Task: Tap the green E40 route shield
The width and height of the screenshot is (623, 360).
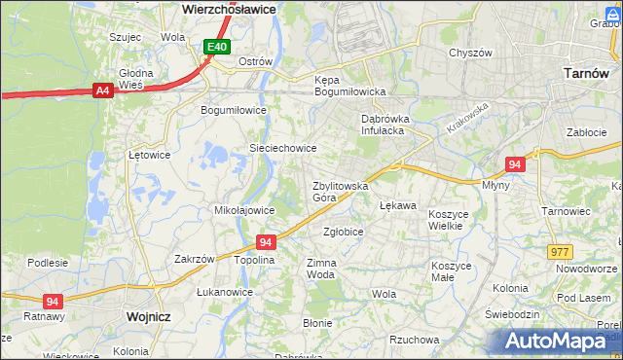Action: coord(217,46)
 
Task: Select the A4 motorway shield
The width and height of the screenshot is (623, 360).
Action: coord(101,90)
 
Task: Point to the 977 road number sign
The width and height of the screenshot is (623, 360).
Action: coord(560,252)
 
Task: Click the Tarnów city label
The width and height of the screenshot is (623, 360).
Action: coord(587,73)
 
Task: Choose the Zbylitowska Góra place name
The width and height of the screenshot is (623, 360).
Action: coord(340,191)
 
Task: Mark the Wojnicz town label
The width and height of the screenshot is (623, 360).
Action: coord(148,317)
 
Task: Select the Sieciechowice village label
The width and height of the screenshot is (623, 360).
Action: coord(283,148)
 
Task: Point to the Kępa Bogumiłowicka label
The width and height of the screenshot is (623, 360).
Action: coord(350,86)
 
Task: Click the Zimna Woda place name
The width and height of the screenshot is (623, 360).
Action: coord(321,269)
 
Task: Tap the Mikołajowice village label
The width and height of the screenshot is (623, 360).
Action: coord(243,210)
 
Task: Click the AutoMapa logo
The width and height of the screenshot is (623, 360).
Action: coord(557,341)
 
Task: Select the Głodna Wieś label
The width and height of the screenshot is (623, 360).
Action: coord(136,79)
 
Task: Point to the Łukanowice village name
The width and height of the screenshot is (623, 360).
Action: coord(225,292)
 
